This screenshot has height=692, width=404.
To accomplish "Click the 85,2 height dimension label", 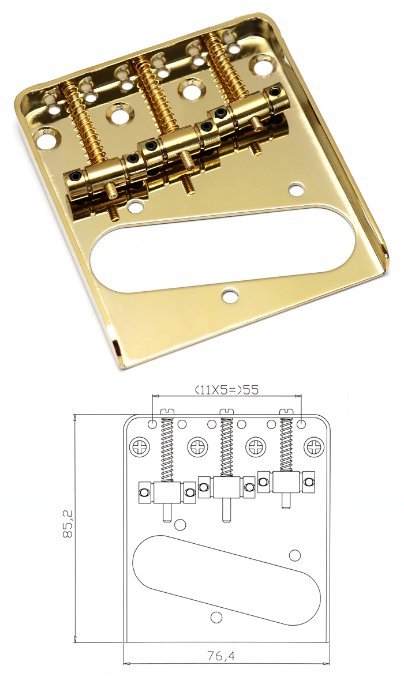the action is [x=67, y=524].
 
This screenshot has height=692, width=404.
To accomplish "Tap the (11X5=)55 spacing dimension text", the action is [x=227, y=390].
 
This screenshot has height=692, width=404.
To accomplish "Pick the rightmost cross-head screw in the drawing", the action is [x=314, y=446].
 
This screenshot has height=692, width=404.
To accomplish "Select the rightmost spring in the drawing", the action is [x=286, y=445].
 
